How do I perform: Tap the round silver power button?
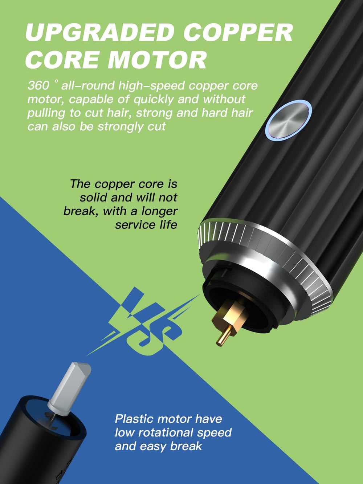pyautogui.click(x=288, y=120)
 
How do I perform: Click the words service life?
pyautogui.click(x=146, y=225)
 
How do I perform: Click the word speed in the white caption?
pyautogui.click(x=214, y=433)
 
